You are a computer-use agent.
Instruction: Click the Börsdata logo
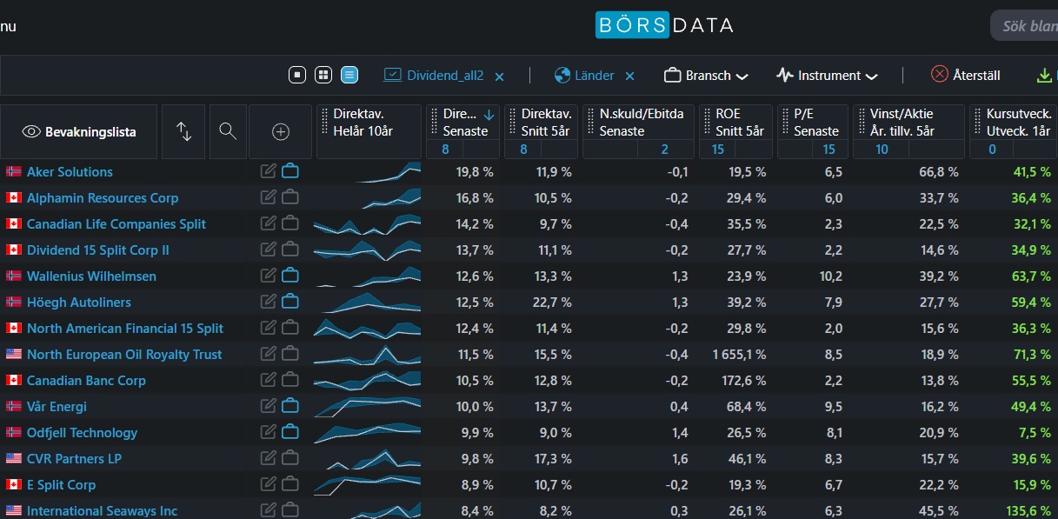pyautogui.click(x=664, y=25)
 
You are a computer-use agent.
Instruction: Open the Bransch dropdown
pyautogui.click(x=706, y=76)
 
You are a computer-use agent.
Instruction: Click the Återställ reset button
pyautogui.click(x=966, y=75)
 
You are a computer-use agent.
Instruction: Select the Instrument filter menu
pyautogui.click(x=827, y=76)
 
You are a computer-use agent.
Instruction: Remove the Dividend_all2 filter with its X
pyautogui.click(x=499, y=77)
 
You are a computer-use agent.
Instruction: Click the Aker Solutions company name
pyautogui.click(x=70, y=172)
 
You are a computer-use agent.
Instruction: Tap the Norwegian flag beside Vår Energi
pyautogui.click(x=14, y=406)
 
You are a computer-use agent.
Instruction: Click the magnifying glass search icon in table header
pyautogui.click(x=228, y=131)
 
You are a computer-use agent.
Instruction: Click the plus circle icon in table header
pyautogui.click(x=281, y=132)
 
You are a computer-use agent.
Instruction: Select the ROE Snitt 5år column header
pyautogui.click(x=739, y=123)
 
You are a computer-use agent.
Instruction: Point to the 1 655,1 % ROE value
pyautogui.click(x=739, y=355)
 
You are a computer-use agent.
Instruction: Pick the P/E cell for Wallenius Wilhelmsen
pyautogui.click(x=831, y=276)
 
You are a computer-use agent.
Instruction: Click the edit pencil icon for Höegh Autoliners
pyautogui.click(x=268, y=302)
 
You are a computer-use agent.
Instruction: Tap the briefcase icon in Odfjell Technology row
pyautogui.click(x=290, y=431)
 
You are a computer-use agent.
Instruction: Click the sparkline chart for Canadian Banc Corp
pyautogui.click(x=367, y=380)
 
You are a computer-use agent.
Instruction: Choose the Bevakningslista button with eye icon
pyautogui.click(x=79, y=132)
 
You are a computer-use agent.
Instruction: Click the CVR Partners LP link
pyautogui.click(x=74, y=458)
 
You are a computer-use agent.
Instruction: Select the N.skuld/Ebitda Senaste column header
pyautogui.click(x=641, y=123)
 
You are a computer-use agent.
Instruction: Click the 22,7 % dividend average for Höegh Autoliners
pyautogui.click(x=552, y=303)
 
